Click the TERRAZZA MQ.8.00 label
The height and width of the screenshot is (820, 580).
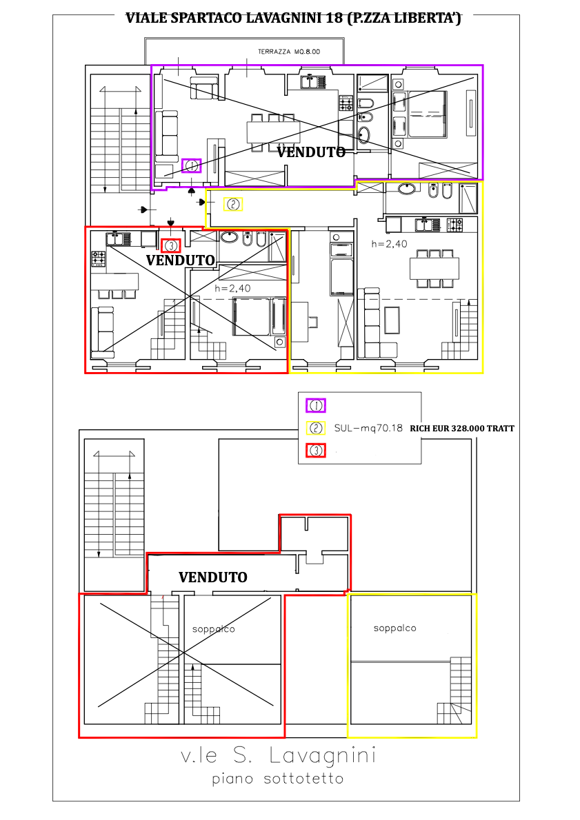click(289, 52)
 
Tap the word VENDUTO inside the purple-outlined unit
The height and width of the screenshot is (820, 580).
click(311, 152)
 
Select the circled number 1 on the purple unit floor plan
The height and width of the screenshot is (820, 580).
click(192, 166)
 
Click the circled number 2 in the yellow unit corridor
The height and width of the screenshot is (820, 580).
click(233, 204)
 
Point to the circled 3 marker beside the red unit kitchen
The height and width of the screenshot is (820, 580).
click(171, 245)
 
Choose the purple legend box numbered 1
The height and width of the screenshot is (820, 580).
click(316, 405)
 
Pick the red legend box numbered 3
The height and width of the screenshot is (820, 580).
click(316, 450)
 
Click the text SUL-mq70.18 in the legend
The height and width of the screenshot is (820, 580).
click(368, 429)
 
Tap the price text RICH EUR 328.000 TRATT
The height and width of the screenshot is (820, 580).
click(461, 429)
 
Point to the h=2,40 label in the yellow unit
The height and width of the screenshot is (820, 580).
click(389, 244)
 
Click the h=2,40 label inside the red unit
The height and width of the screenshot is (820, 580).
click(232, 288)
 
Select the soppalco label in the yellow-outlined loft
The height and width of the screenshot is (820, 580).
click(394, 628)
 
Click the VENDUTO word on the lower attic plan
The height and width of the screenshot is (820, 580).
click(212, 577)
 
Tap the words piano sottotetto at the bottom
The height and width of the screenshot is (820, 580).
click(277, 779)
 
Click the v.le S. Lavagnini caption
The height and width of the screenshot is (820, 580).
click(278, 756)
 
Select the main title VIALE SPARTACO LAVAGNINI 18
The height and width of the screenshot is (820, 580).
click(294, 19)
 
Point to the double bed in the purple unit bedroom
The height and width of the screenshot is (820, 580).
click(427, 114)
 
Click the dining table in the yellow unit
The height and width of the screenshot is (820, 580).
click(434, 269)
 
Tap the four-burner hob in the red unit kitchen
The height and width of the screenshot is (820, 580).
click(99, 258)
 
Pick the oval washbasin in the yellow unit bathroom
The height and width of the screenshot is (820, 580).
click(407, 189)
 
